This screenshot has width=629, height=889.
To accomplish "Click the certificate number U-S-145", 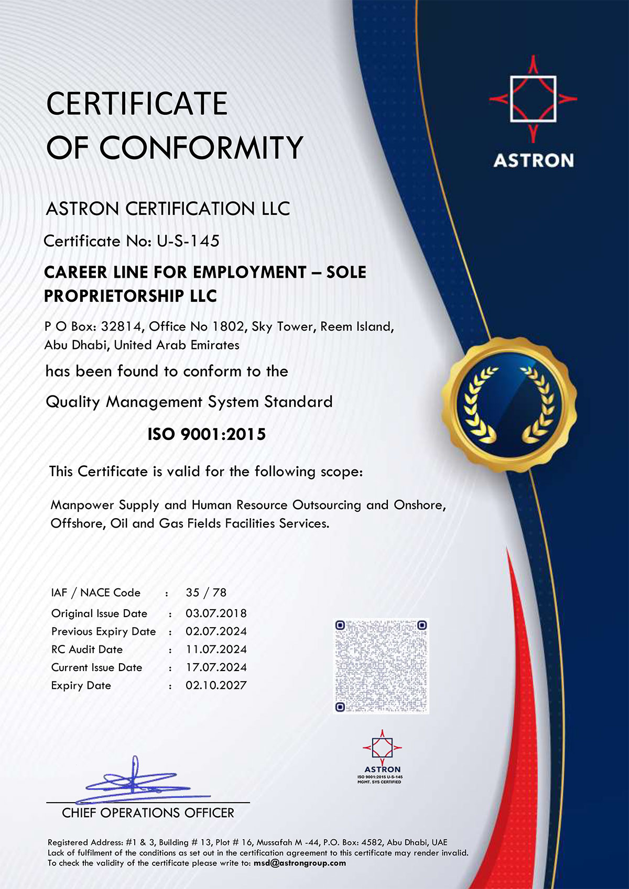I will (x=188, y=241).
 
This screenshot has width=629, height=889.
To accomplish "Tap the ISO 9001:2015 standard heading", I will (x=207, y=434).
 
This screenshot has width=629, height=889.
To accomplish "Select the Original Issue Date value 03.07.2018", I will (x=216, y=613).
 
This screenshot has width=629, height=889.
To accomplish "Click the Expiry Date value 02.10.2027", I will (x=216, y=685).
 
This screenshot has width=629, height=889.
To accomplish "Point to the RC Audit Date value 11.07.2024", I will (x=216, y=650).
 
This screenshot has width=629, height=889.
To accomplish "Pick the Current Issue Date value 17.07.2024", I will (x=216, y=667).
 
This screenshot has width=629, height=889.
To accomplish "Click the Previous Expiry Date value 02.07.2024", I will (x=216, y=631).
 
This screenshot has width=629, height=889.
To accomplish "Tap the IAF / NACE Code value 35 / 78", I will (x=206, y=592).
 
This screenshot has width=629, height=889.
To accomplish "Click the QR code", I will (x=381, y=666).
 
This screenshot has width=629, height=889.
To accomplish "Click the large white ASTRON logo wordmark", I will (x=533, y=160).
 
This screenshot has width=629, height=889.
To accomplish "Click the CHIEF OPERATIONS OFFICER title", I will (x=148, y=813).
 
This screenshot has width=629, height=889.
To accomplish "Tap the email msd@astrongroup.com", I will (x=300, y=863).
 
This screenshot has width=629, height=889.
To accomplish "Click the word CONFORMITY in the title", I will (x=201, y=148).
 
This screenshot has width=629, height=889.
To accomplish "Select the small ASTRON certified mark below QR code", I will (x=382, y=756).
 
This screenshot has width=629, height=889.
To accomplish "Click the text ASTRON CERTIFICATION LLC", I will (x=168, y=208).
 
